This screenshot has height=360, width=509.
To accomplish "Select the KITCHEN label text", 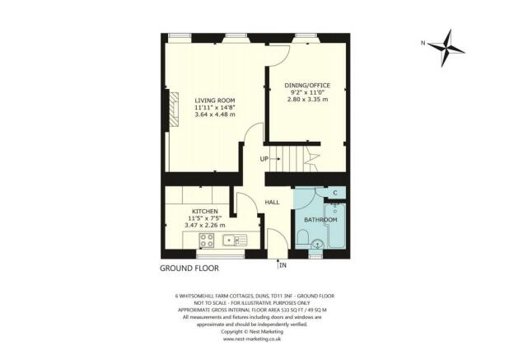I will (204, 212).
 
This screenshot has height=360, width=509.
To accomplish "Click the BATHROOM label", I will (321, 220).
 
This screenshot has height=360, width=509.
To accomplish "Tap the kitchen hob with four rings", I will (206, 241).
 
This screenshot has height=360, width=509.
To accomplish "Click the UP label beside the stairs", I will (264, 158).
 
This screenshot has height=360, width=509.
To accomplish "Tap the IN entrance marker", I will (283, 265).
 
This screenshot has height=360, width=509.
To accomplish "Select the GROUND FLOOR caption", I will (188, 269).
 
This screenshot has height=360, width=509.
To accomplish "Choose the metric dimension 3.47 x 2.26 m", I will (204, 225).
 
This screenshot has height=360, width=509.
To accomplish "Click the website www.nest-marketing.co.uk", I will (254, 339).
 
